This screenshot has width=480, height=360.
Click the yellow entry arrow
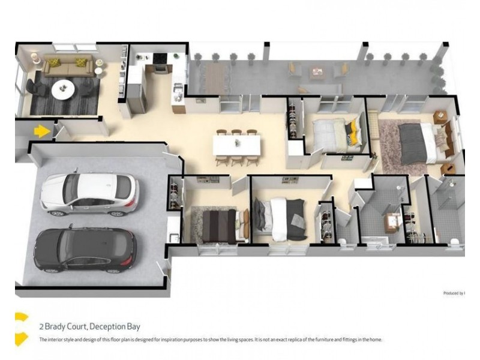pos(41,130)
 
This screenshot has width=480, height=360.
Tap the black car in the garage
pos(85,249)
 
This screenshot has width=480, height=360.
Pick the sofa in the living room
pos(67,66)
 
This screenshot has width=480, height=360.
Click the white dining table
pos(237,145)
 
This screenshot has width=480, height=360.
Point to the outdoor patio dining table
pos(214,76)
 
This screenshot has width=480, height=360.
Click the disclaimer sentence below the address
pos(210,340)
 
